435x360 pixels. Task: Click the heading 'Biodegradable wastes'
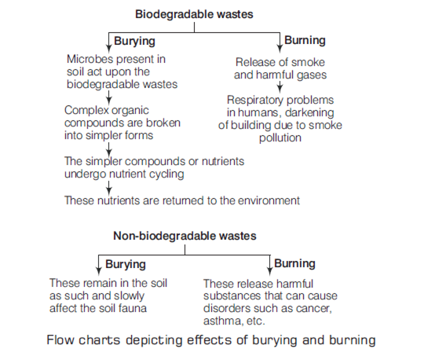(194, 14)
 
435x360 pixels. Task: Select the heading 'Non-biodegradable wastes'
(185, 236)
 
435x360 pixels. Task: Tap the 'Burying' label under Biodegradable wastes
(134, 41)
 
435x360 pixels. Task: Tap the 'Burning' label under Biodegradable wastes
(305, 41)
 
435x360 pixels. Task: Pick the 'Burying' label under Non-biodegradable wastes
(126, 264)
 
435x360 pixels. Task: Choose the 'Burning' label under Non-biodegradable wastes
(294, 263)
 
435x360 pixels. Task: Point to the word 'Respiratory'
(252, 101)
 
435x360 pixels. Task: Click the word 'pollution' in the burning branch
(280, 138)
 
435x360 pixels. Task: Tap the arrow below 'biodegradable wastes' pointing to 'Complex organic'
(109, 97)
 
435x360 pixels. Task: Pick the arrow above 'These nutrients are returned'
(109, 188)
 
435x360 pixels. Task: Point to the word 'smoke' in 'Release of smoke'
(309, 62)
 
